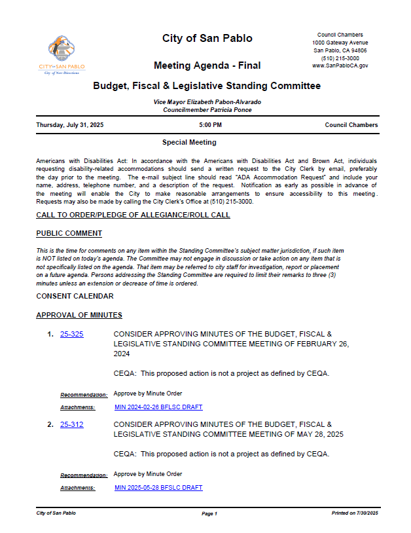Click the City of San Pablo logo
coord(62,56)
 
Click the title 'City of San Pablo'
coord(207,39)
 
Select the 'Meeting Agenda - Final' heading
coord(207,65)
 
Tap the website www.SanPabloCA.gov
coord(340,66)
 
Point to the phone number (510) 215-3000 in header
coord(340,58)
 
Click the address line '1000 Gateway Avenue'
coord(340,43)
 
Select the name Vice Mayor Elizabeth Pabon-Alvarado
coord(207,103)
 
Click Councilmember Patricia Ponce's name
coord(207,110)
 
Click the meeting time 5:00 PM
coord(210,125)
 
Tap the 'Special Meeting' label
coord(189,142)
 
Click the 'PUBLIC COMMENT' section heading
coord(69,234)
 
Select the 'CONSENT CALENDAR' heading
coord(75,297)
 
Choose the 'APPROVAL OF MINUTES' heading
coord(79,316)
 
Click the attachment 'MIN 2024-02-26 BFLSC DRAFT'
coord(158,407)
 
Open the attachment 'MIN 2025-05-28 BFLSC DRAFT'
coord(158,488)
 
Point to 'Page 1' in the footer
coord(209,514)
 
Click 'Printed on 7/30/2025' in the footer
coord(355,513)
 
